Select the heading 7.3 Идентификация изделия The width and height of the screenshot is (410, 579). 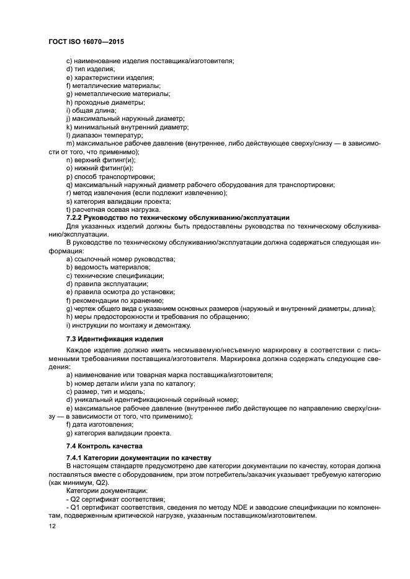click(x=115, y=339)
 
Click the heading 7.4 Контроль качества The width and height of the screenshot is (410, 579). click(x=105, y=446)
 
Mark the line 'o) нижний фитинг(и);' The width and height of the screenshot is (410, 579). click(x=99, y=168)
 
